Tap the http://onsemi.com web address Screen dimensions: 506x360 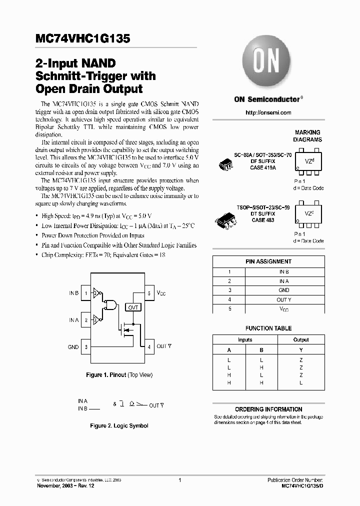pyautogui.click(x=268, y=112)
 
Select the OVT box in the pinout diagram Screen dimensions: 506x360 pyautogui.click(x=133, y=307)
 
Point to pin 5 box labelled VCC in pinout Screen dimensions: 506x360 pyautogui.click(x=148, y=293)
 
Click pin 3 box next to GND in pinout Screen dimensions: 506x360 pyautogui.click(x=86, y=346)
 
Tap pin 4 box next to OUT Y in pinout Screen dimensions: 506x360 pyautogui.click(x=148, y=346)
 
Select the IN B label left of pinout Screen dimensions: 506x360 pyautogui.click(x=73, y=293)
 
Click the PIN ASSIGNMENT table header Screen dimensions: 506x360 pyautogui.click(x=268, y=261)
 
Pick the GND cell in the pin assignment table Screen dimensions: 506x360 pyautogui.click(x=284, y=290)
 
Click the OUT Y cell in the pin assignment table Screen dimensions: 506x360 pyautogui.click(x=284, y=300)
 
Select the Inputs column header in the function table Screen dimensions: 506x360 pyautogui.click(x=245, y=339)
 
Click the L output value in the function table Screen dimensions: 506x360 pyautogui.click(x=301, y=382)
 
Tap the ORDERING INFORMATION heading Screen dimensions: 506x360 pyautogui.click(x=268, y=409)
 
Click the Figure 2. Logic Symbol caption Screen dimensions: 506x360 pyautogui.click(x=119, y=426)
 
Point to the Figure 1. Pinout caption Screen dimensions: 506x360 pyautogui.click(x=119, y=375)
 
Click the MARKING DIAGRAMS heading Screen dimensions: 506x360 pyautogui.click(x=307, y=136)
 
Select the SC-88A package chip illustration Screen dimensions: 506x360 pyautogui.click(x=227, y=164)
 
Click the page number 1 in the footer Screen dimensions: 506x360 pyautogui.click(x=179, y=480)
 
